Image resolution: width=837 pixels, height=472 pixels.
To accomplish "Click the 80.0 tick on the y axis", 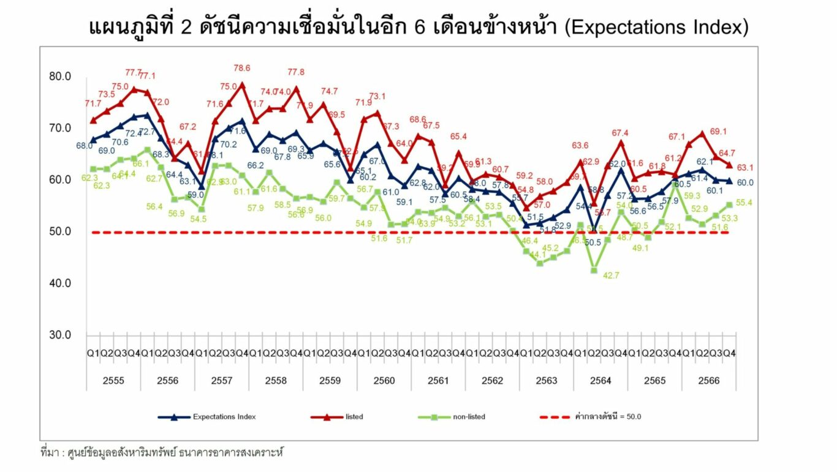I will [x=60, y=77].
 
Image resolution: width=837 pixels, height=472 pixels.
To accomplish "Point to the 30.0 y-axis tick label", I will [x=60, y=335].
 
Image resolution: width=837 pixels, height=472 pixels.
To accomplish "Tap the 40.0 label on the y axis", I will [x=60, y=283].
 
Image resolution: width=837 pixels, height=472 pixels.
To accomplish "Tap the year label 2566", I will [x=709, y=381].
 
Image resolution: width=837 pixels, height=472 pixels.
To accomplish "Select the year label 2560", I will [x=384, y=381].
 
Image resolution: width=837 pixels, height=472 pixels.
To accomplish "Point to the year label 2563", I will [x=547, y=381].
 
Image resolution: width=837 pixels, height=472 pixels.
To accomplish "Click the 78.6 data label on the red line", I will [x=241, y=69].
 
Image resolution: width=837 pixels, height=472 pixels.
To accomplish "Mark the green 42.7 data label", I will [x=611, y=275].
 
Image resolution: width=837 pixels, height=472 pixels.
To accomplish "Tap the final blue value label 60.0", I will [x=745, y=182].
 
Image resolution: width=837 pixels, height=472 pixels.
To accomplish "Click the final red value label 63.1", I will [x=745, y=167].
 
